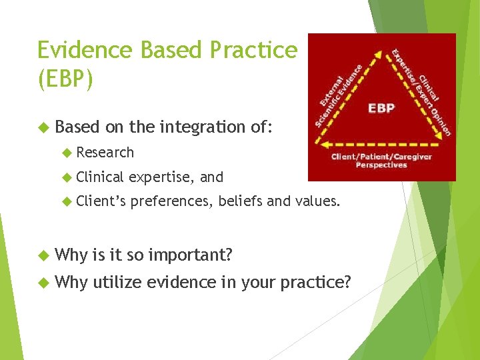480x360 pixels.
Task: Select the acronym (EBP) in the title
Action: [x=65, y=79]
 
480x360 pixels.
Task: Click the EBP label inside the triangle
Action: [x=381, y=108]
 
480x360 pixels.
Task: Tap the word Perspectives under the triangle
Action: [x=381, y=165]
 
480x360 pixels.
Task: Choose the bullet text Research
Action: [x=105, y=153]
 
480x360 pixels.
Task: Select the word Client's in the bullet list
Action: [x=100, y=202]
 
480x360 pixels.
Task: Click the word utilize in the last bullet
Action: [x=117, y=283]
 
